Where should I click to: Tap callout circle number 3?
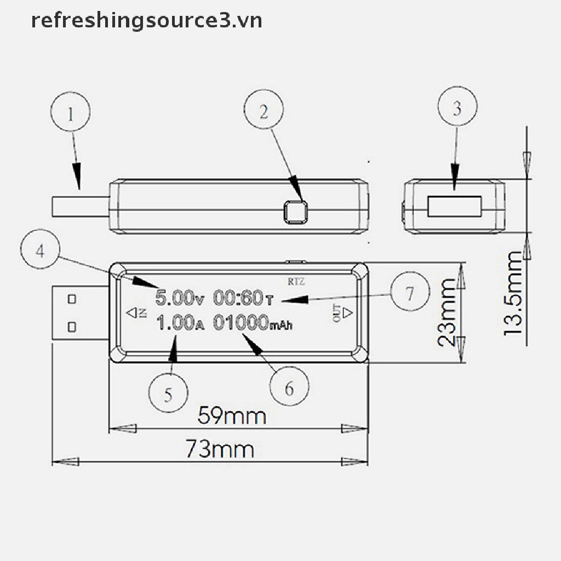[x=457, y=108]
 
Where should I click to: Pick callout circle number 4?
[x=40, y=251]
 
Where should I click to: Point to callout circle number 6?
[x=289, y=388]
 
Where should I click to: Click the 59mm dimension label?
[x=232, y=416]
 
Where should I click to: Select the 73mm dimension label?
[x=219, y=450]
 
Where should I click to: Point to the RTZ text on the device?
[x=296, y=282]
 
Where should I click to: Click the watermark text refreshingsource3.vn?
[x=146, y=21]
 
